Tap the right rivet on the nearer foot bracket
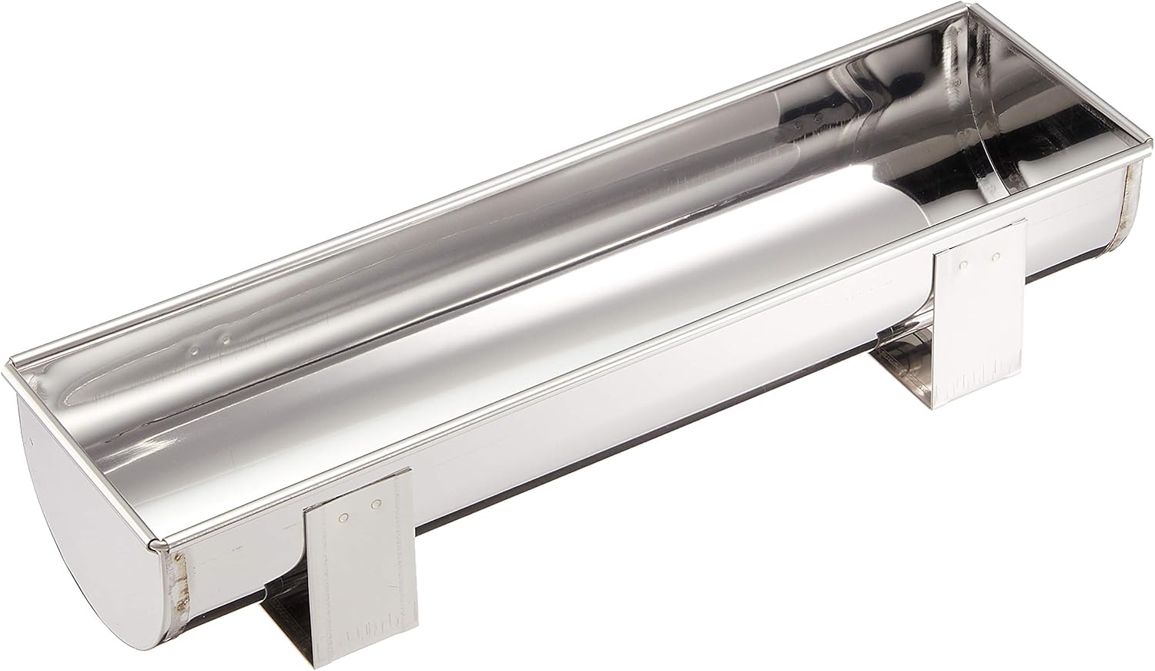coord(377,505)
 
